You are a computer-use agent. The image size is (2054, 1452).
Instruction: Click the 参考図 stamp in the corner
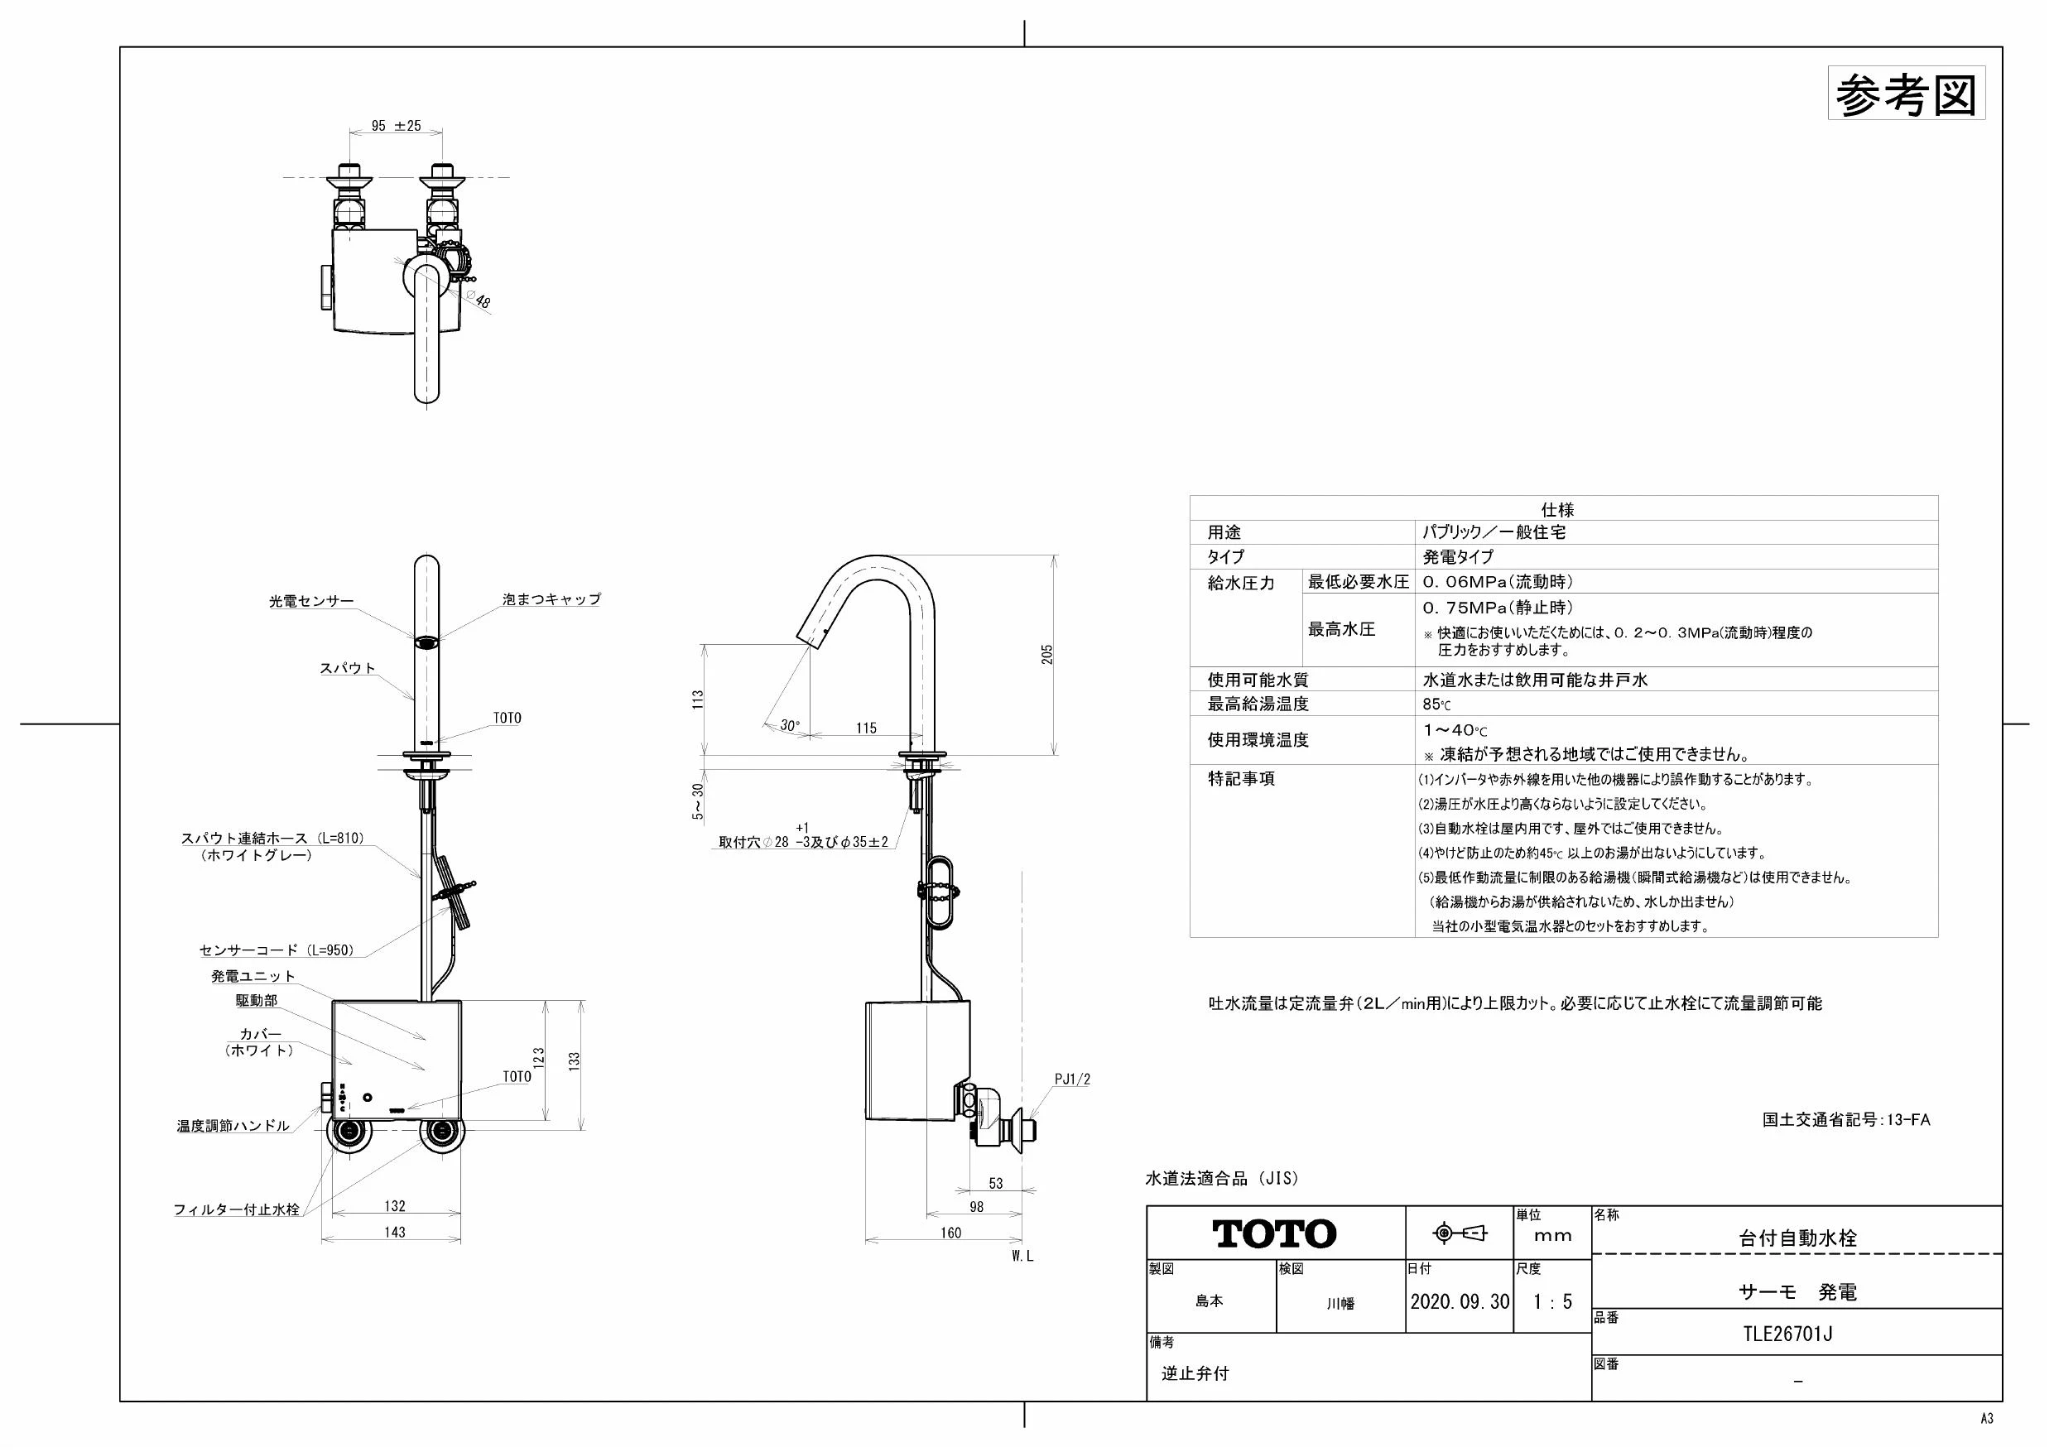click(x=1907, y=93)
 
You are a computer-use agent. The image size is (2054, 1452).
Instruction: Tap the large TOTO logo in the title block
click(x=1275, y=1234)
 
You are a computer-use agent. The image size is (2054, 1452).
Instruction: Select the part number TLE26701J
click(x=1788, y=1334)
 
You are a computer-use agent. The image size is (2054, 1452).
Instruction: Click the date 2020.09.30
click(x=1460, y=1301)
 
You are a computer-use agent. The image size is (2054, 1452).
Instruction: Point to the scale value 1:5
click(x=1552, y=1301)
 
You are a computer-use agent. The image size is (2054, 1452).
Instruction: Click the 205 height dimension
click(x=1046, y=654)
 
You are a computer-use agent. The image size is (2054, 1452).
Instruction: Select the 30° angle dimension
click(x=790, y=725)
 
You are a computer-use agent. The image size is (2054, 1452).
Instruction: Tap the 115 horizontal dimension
click(x=866, y=728)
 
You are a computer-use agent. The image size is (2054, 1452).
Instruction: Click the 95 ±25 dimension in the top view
click(x=396, y=126)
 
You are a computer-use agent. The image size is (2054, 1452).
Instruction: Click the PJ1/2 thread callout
click(x=1073, y=1079)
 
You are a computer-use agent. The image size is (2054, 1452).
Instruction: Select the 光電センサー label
click(x=311, y=602)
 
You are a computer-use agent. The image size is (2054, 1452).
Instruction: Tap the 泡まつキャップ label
click(x=552, y=599)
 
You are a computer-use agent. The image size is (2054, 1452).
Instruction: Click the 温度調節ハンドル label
click(x=233, y=1127)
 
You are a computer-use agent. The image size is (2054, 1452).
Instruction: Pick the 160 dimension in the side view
click(x=951, y=1233)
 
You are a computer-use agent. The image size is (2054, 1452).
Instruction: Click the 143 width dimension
click(x=395, y=1232)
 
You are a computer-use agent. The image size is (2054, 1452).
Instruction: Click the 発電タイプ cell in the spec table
click(x=1458, y=556)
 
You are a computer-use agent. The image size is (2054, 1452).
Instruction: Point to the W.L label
click(x=1022, y=1256)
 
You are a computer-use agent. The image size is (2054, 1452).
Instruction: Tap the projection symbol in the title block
click(x=1460, y=1233)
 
